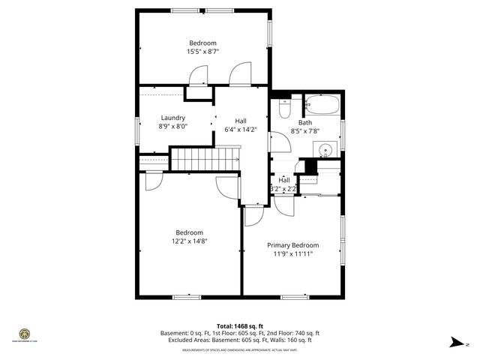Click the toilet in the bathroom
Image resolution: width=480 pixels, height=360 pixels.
(x=284, y=109)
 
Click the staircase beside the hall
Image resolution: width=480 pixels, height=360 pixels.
(x=204, y=159)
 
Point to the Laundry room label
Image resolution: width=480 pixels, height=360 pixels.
(x=173, y=118)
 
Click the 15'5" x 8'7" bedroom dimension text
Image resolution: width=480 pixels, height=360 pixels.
(x=202, y=52)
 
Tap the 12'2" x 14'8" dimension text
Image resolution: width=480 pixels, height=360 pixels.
(x=190, y=241)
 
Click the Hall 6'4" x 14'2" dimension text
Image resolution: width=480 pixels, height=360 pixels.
(x=241, y=130)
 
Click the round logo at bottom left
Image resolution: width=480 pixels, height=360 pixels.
(x=24, y=333)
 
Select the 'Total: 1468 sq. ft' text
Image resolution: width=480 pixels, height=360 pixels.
(x=240, y=326)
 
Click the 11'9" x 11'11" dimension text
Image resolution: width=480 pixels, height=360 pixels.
(x=293, y=254)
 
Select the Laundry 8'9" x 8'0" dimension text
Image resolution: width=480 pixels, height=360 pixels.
(x=172, y=127)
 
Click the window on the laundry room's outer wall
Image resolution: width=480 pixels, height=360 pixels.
(x=136, y=128)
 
